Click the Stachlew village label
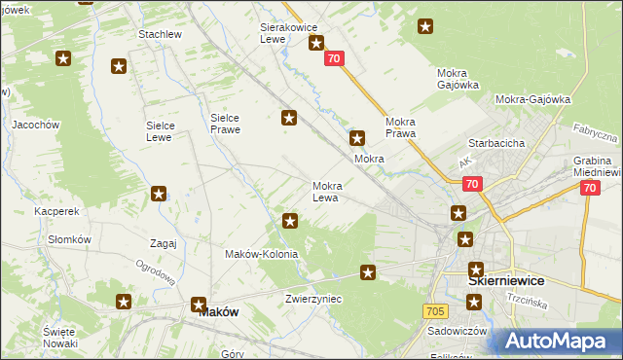coord(161,34)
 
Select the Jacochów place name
coord(36,125)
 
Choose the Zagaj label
coord(163,243)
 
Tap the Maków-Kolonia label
coord(261,254)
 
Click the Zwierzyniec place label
coord(313,299)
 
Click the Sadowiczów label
coord(458,331)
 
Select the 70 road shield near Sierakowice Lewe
coord(335,59)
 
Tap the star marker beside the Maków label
coord(199,304)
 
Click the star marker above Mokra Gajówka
coord(425,27)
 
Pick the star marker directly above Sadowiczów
coord(474,304)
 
